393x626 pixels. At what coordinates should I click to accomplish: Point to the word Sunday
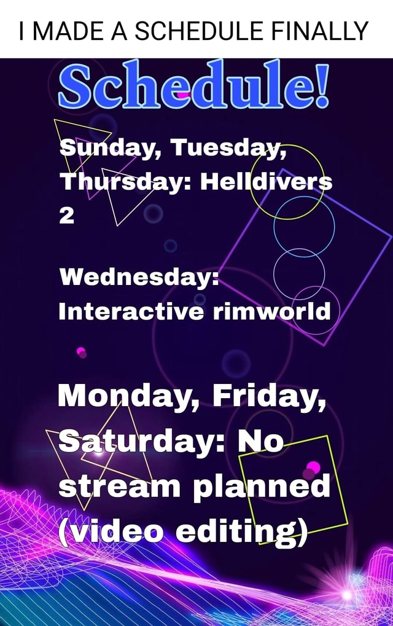(x=109, y=149)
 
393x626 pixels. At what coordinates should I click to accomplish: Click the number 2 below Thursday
(x=66, y=216)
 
